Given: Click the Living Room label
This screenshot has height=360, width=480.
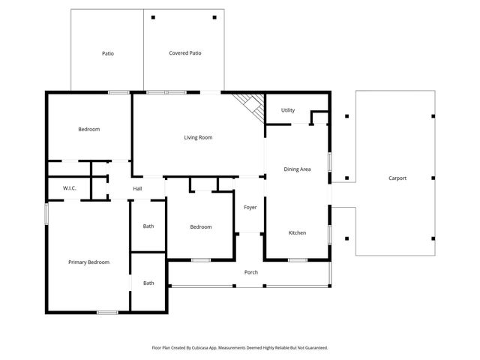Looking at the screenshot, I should (199, 137).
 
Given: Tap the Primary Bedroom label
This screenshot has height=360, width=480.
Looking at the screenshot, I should (88, 262).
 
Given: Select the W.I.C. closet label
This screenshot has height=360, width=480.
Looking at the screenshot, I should (70, 188).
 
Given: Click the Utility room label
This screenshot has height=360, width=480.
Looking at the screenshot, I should (288, 110).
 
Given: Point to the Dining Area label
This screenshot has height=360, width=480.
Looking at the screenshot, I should (297, 169).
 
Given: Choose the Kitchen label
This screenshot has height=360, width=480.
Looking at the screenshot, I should (297, 233).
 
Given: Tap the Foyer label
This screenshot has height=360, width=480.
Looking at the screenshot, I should (250, 207).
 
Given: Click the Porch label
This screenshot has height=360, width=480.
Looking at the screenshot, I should (251, 272).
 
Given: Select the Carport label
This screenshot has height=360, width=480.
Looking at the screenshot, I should (397, 178).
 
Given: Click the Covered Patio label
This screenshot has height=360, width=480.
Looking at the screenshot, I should (185, 53).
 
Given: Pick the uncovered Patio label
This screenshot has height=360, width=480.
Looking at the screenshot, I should (108, 53).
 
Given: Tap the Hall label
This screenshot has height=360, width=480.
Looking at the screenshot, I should (138, 188).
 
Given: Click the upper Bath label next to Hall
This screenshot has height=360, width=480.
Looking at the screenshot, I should (148, 226).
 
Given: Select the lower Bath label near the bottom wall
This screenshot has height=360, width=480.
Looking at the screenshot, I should (148, 283).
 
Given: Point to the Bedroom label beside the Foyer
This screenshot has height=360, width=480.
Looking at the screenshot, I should (200, 227).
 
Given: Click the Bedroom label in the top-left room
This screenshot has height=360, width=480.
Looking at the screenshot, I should (88, 130).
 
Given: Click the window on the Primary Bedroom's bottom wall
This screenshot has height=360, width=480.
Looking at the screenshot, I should (107, 311).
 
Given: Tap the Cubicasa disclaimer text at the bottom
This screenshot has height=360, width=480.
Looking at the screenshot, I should (240, 348).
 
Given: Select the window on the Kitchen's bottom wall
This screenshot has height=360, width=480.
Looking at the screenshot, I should (298, 260).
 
